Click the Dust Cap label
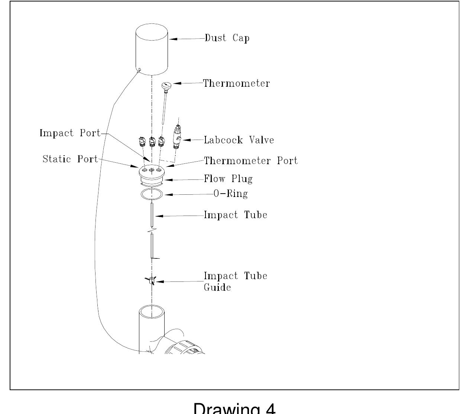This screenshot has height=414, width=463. (227, 38)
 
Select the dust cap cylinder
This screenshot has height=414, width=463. (151, 50)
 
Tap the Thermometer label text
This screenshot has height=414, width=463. (236, 83)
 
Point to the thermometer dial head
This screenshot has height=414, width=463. (166, 86)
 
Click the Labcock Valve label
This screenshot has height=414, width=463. (239, 140)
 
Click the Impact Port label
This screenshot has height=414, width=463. (70, 133)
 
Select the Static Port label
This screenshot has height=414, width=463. (70, 159)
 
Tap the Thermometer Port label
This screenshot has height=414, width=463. (251, 161)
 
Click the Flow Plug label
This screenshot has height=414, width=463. (228, 179)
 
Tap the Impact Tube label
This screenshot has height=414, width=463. (236, 215)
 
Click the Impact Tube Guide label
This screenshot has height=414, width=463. (236, 281)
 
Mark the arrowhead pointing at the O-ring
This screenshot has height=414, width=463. (167, 194)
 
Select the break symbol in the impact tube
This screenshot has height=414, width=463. (152, 232)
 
